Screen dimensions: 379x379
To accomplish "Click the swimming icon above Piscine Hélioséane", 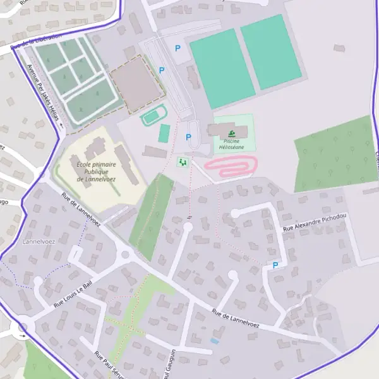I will tap(231, 133).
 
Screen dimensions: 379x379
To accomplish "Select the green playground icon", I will tap(183, 162).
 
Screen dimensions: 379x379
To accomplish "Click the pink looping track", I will tap(230, 166).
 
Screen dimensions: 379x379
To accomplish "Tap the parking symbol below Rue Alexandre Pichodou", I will tap(275, 266).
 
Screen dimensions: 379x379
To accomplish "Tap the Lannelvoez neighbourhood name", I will tap(39, 241).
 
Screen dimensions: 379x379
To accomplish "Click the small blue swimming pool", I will tap(215, 340).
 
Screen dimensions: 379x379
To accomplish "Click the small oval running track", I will tap(152, 117).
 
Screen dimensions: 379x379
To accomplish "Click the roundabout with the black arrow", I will tap(23, 327).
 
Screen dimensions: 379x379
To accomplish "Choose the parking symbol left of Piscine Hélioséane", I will tap(188, 138).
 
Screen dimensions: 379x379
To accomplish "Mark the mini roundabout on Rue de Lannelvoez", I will tap(125, 255).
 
